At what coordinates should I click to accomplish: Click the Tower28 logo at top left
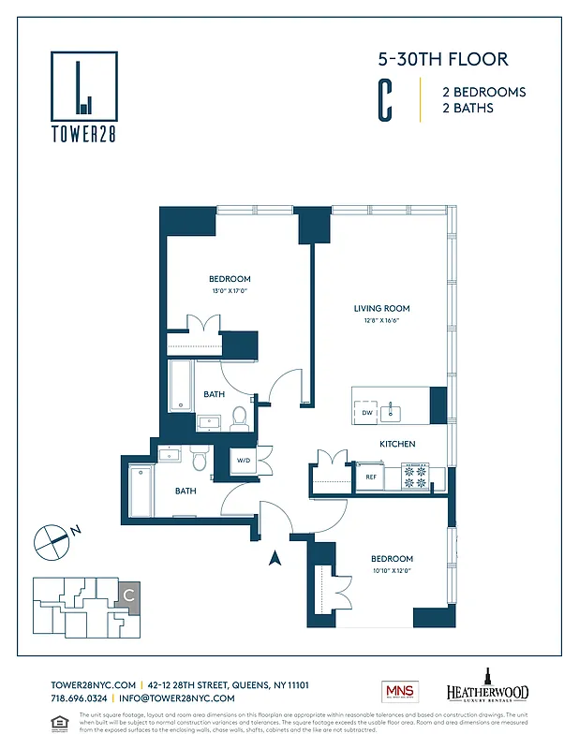click(x=84, y=95)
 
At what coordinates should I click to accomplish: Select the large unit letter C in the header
click(x=384, y=100)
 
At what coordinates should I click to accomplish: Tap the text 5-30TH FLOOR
click(x=443, y=60)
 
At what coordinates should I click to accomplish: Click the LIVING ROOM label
click(x=381, y=308)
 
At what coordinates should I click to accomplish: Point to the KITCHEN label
click(x=397, y=444)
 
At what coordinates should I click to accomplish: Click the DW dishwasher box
click(x=366, y=413)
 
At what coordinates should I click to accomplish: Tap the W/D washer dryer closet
click(x=243, y=461)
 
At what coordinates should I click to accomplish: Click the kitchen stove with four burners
click(x=415, y=477)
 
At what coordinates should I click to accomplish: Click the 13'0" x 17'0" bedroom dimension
click(x=230, y=290)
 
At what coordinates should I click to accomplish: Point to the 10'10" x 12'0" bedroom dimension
click(x=391, y=570)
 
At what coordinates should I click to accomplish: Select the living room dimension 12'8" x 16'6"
click(x=381, y=319)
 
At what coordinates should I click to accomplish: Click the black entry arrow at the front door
click(x=275, y=559)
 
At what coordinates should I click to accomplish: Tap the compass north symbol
click(x=52, y=540)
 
